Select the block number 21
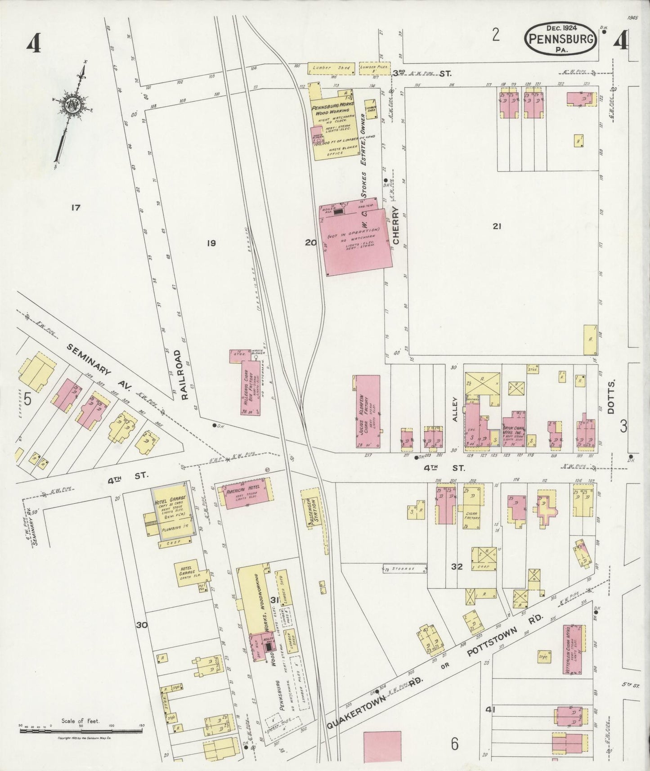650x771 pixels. click(496, 227)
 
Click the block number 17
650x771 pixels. click(75, 207)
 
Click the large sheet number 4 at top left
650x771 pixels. click(34, 44)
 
